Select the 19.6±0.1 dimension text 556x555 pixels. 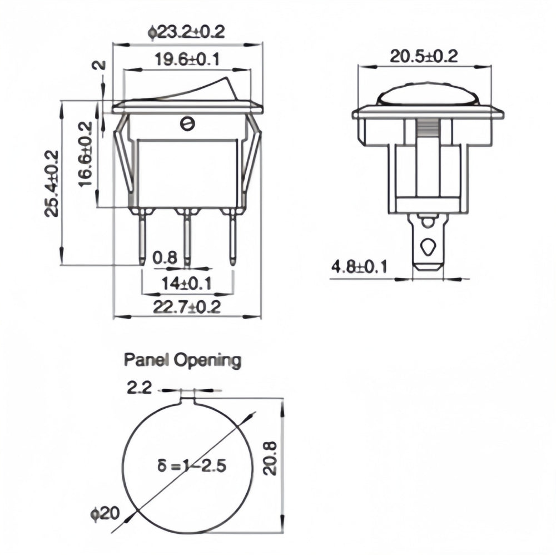tap(187, 59)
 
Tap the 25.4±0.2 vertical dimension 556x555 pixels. tap(52, 184)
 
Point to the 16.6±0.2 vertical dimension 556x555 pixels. tap(86, 154)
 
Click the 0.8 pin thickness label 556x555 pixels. tap(165, 257)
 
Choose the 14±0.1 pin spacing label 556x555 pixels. tap(186, 284)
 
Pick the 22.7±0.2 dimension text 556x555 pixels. tap(187, 307)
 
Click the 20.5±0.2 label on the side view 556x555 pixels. tap(424, 56)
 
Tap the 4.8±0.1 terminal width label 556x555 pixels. tap(359, 267)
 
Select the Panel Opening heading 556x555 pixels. tap(182, 360)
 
